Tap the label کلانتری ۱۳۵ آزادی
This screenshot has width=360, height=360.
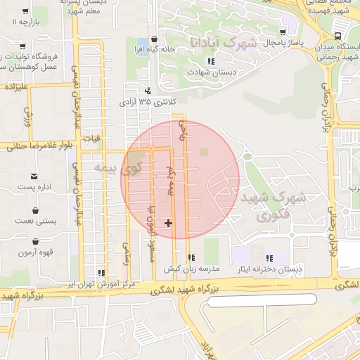tap(148, 102)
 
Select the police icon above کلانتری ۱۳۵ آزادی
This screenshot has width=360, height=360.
tap(147, 91)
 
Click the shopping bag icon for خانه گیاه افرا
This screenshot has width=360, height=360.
tap(154, 39)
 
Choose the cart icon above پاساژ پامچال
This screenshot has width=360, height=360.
tap(283, 32)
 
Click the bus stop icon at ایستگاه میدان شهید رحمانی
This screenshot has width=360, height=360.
tap(339, 36)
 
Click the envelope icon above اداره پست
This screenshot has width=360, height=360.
tap(34, 176)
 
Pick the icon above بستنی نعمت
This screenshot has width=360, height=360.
tap(35, 210)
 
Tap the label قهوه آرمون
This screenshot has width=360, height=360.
tap(36, 252)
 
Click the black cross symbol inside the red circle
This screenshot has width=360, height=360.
tap(168, 224)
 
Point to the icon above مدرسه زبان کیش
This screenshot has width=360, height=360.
tap(192, 258)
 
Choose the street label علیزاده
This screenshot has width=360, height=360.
tap(15, 88)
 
